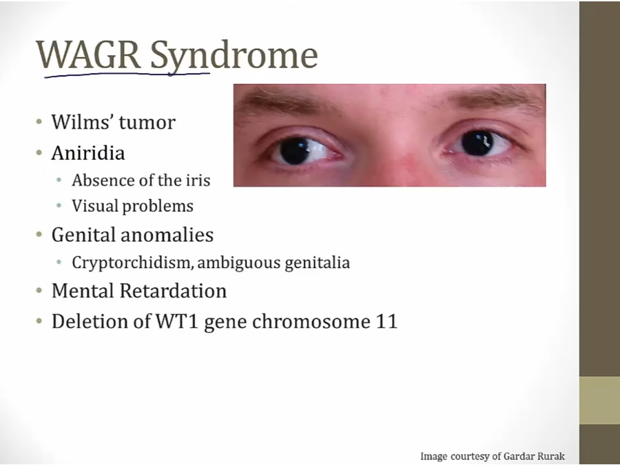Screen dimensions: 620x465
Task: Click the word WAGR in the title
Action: coord(89,54)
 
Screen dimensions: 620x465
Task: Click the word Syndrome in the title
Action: coord(234,57)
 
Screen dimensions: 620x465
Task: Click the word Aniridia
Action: coord(88,153)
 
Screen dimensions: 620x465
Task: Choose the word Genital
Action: coord(83,236)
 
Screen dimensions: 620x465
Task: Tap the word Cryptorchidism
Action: coord(133,263)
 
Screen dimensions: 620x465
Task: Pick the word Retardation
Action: coord(173,291)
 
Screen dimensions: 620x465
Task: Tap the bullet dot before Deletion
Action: coord(39,320)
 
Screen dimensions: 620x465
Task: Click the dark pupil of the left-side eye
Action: coord(295,151)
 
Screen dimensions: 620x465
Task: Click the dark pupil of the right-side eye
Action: coord(477,143)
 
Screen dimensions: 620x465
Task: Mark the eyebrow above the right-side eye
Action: coord(496,97)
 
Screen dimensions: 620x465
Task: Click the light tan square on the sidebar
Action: coord(599,400)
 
